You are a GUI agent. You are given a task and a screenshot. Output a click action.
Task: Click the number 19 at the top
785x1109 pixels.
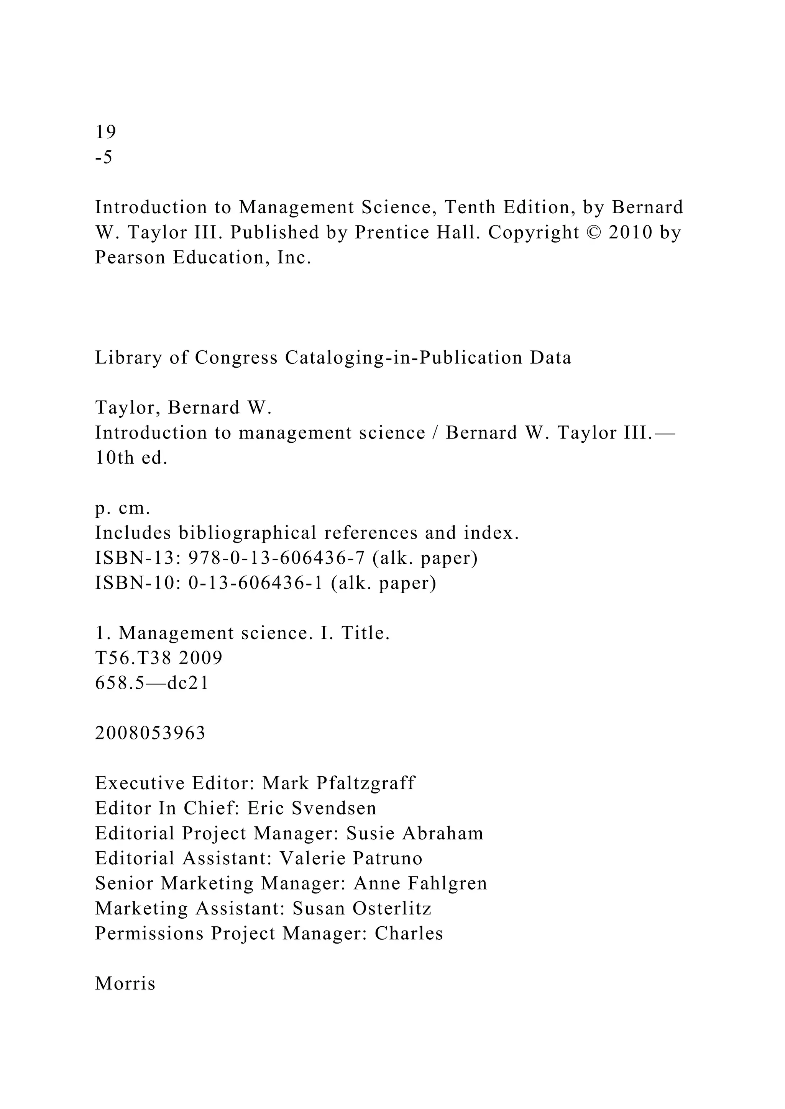coord(105,132)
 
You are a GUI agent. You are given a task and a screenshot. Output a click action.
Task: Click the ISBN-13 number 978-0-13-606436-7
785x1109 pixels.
coord(276,558)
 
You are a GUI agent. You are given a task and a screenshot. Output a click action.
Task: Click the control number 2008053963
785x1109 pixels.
coord(150,733)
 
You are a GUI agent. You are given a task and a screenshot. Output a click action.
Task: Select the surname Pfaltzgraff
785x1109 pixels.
coord(366,783)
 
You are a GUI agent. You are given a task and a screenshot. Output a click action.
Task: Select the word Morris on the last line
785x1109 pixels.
coord(125,984)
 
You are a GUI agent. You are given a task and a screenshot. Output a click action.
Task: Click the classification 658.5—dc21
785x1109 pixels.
coord(152,683)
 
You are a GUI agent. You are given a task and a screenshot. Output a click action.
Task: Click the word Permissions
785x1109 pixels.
coord(149,934)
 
